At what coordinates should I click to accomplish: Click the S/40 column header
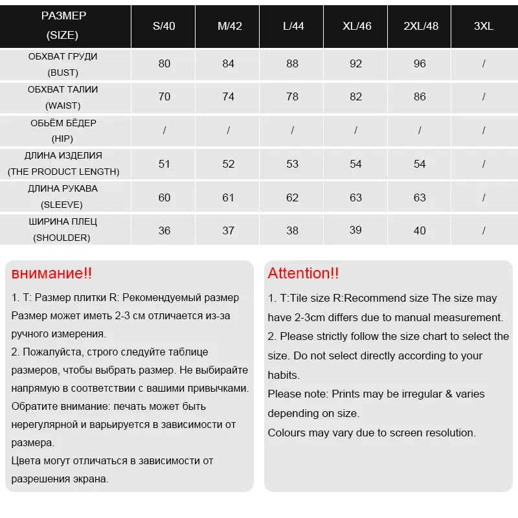(x=164, y=27)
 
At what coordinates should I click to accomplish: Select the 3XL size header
(x=484, y=27)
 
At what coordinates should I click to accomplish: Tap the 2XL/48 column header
(x=421, y=27)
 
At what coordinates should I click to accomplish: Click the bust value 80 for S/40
(x=164, y=64)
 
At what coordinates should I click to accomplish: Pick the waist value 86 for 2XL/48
(x=420, y=96)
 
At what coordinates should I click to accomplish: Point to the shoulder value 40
(x=420, y=231)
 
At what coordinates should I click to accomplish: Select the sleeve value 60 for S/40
(x=164, y=197)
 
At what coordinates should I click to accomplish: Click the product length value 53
(x=292, y=164)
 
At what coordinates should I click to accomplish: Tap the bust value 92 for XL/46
(x=356, y=64)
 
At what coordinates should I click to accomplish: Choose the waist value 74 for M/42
(x=228, y=96)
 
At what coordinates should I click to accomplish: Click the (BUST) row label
(x=63, y=73)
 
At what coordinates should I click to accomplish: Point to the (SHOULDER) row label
(x=63, y=238)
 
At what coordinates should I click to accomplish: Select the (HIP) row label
(x=63, y=139)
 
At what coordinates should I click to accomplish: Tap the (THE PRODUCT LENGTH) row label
(x=63, y=172)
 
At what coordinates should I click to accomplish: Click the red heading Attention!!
(x=303, y=273)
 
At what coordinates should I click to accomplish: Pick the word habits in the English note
(x=284, y=375)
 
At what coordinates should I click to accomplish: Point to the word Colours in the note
(x=287, y=433)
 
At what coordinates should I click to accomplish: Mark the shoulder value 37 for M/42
(x=228, y=231)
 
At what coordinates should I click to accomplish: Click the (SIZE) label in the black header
(x=63, y=34)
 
